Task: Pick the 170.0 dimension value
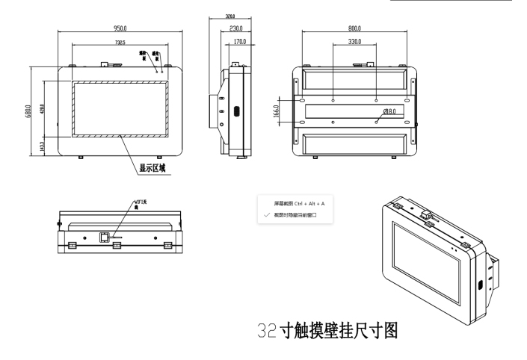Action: point(240,42)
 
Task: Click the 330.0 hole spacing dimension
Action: point(354,43)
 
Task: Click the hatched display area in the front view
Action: point(120,108)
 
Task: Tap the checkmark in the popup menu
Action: point(267,215)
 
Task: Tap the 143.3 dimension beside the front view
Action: point(41,144)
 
